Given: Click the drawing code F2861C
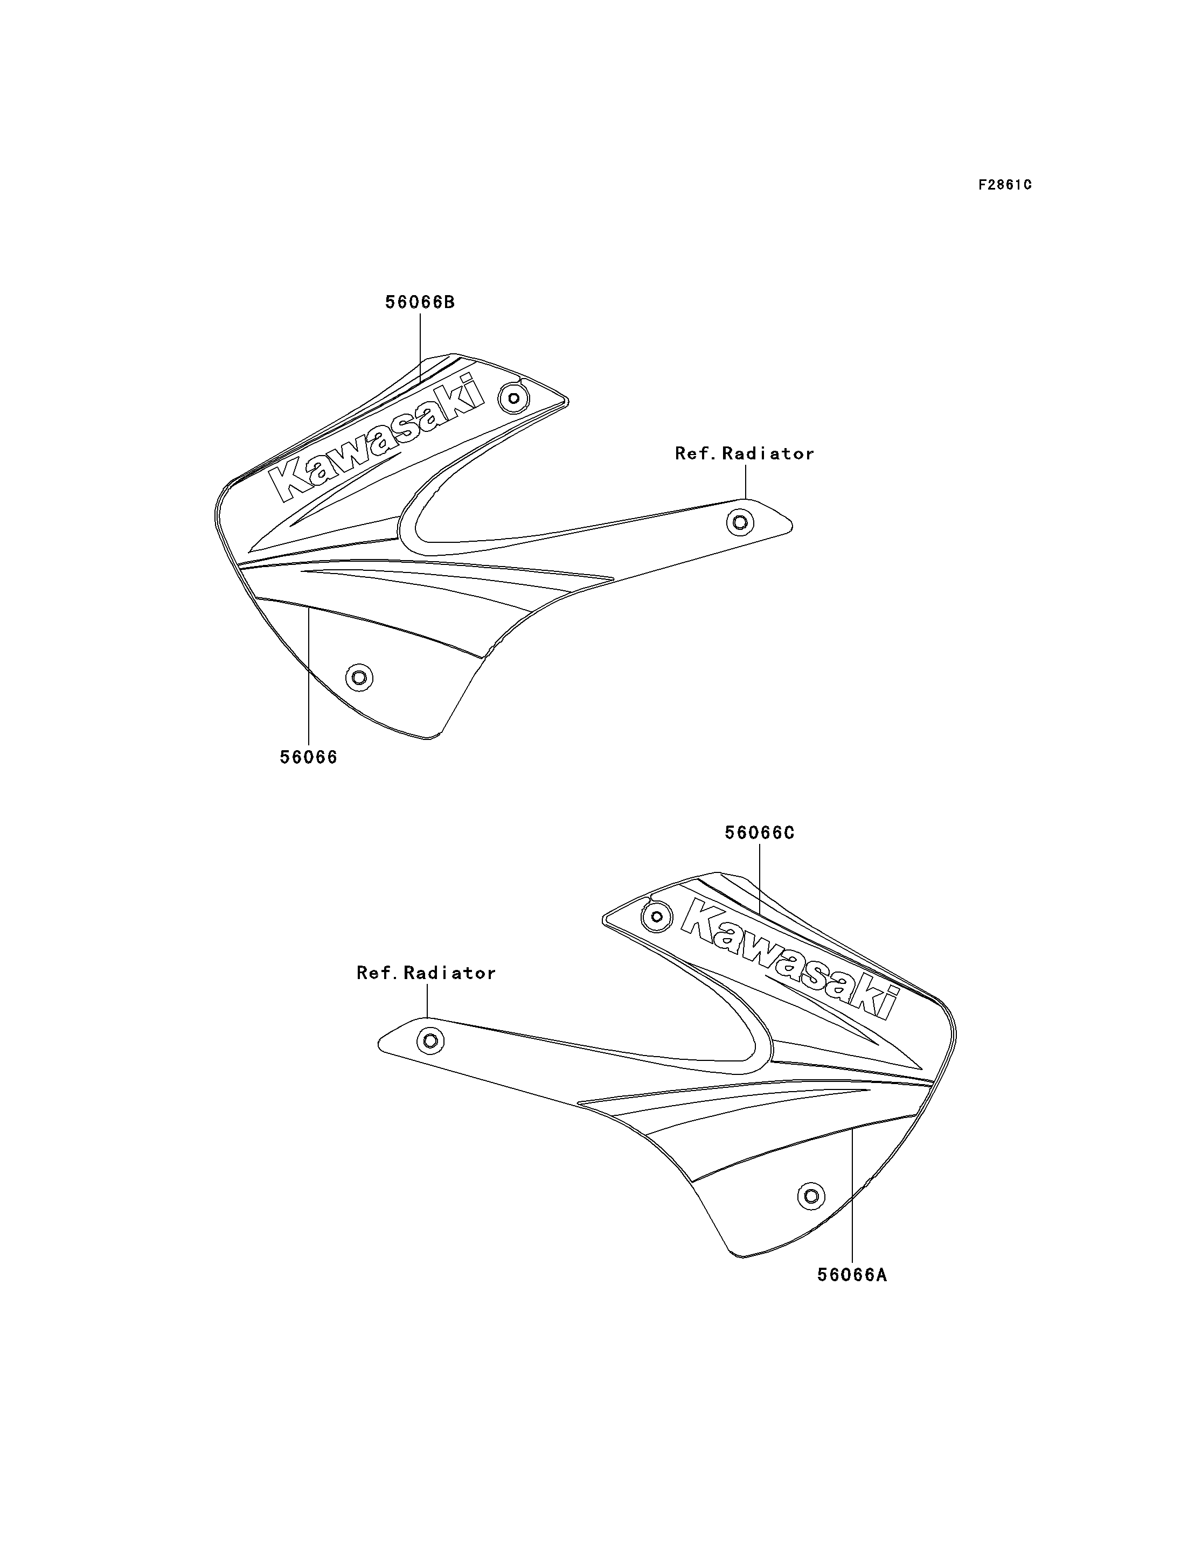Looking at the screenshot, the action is pos(1005,185).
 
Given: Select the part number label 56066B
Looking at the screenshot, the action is pos(420,302).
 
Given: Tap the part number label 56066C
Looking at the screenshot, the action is pos(759,833).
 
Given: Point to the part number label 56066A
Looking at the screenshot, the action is pos(852,1275).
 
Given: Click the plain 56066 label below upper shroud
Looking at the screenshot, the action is pos(309,758).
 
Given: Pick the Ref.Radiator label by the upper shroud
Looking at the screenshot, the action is pos(745,454).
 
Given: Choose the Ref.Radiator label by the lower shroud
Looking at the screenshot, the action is pos(426,973).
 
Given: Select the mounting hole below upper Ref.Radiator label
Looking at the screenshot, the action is pos(740,522).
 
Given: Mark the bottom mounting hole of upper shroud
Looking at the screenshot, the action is pos(359,678).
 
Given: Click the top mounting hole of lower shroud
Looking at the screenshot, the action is pos(657,917).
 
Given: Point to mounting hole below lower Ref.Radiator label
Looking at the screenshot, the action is pos(430,1041).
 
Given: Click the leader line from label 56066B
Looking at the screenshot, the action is pos(420,348).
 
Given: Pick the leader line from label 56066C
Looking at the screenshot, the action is pos(760,878).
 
